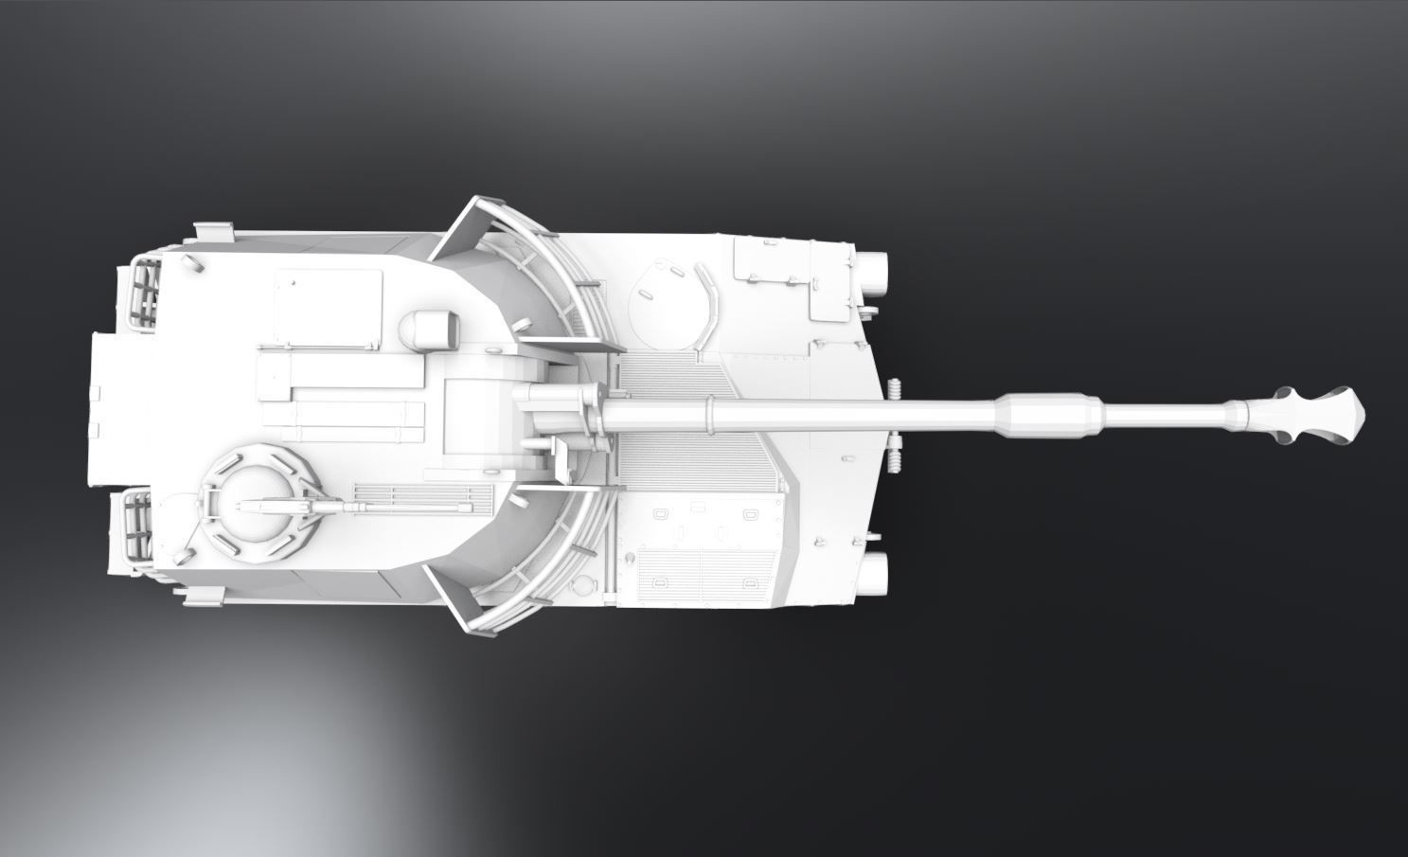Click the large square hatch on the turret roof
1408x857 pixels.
tap(328, 308)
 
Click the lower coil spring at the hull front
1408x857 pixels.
tap(895, 452)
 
